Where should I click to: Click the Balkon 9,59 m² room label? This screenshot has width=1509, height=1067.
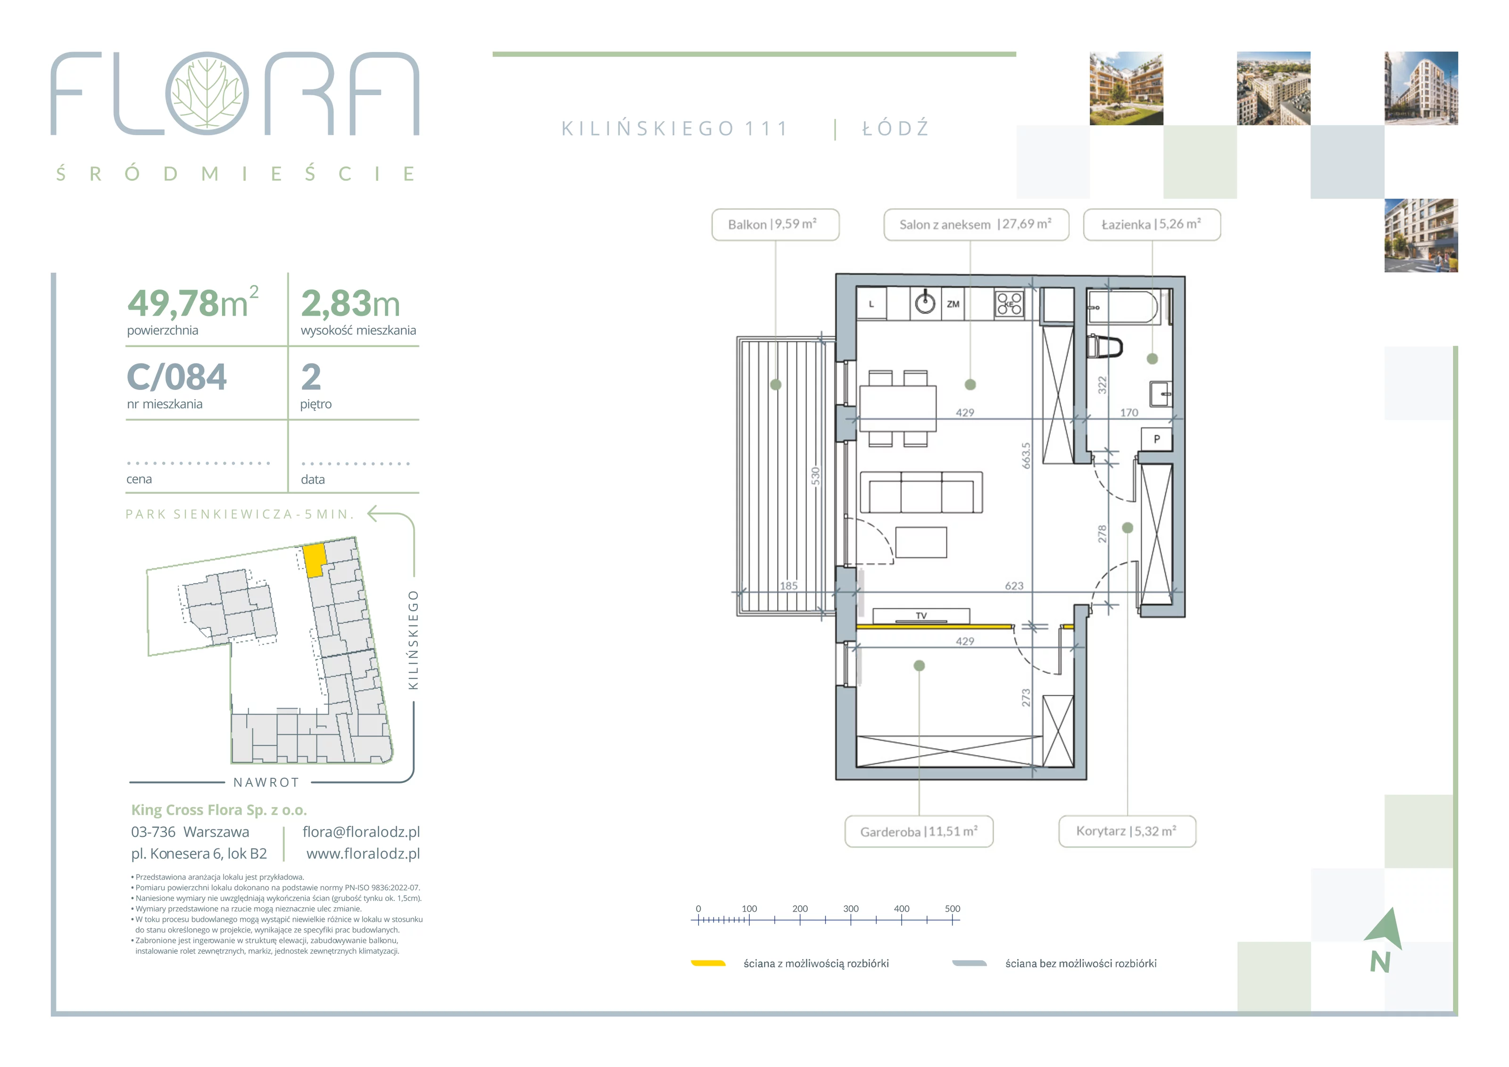776,225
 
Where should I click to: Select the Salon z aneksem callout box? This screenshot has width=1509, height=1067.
976,225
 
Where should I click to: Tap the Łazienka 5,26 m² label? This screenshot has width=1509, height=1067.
1152,225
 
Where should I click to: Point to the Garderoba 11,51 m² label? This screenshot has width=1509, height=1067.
919,832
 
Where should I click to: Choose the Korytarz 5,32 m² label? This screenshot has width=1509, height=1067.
1127,832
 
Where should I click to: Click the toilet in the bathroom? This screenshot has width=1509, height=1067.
1105,346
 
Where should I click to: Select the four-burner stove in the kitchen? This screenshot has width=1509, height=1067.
1009,304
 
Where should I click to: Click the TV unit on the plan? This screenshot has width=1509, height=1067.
921,616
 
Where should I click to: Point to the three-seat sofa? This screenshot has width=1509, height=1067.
921,492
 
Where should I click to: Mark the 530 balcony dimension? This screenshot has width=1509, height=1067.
816,476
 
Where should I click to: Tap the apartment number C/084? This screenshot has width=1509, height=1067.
177,377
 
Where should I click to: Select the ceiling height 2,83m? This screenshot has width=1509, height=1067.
350,304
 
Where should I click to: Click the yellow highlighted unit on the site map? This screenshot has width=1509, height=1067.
315,560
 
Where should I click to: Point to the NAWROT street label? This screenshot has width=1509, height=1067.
266,783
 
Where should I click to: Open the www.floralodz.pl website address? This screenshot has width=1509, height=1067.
363,853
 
